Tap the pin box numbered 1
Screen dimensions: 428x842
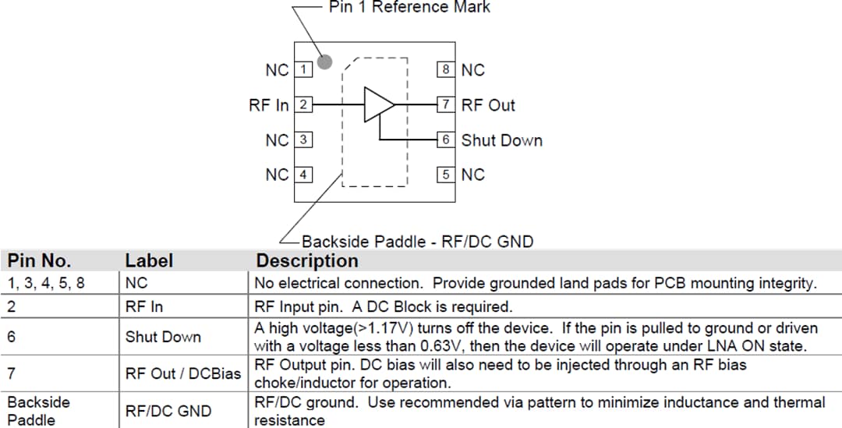tap(303, 69)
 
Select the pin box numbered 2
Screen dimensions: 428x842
tap(303, 104)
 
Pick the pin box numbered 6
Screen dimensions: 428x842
tap(445, 140)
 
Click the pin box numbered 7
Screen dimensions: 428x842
tap(445, 104)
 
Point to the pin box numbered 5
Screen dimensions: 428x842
tap(445, 175)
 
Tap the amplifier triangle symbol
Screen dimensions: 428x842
tap(379, 104)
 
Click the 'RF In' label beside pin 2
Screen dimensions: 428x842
tap(269, 104)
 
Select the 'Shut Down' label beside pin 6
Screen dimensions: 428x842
tap(501, 140)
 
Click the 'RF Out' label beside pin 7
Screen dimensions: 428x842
tap(488, 105)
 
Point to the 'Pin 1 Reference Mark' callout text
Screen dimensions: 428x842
tap(409, 7)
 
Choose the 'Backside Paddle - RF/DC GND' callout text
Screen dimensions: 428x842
tap(417, 241)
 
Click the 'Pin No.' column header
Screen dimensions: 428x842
tap(39, 260)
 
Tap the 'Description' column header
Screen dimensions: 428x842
tap(307, 260)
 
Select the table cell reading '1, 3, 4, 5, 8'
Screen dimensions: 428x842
tap(46, 283)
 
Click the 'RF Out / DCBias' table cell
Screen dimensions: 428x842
tap(182, 374)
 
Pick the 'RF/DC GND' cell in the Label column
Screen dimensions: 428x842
tap(168, 411)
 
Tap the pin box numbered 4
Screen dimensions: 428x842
tap(303, 175)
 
